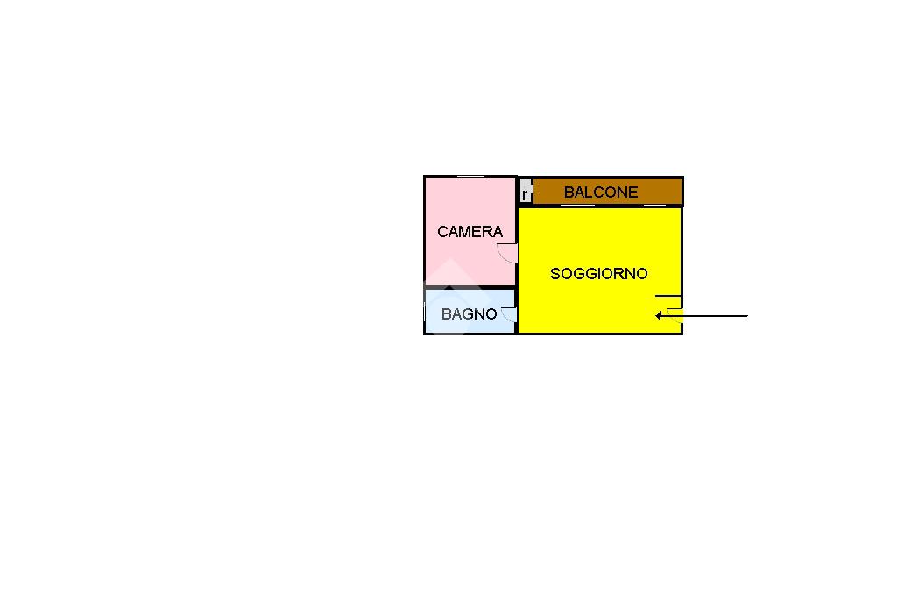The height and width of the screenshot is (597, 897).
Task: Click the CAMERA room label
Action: pyautogui.click(x=470, y=232)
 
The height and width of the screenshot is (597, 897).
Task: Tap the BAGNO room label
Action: pyautogui.click(x=469, y=314)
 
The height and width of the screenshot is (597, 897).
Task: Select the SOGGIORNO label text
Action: pyautogui.click(x=599, y=274)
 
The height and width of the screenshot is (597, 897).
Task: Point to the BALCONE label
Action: pyautogui.click(x=601, y=193)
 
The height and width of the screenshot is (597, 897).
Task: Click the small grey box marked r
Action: pyautogui.click(x=526, y=193)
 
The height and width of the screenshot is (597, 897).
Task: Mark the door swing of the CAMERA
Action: pyautogui.click(x=507, y=254)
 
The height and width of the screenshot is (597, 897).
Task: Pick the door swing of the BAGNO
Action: pyautogui.click(x=509, y=315)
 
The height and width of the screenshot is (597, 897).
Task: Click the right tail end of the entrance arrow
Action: pyautogui.click(x=746, y=316)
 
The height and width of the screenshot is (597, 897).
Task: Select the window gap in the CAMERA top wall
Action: pyautogui.click(x=471, y=177)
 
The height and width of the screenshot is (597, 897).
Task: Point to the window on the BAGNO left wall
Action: pyautogui.click(x=426, y=311)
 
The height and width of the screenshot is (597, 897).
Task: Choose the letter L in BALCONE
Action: pyautogui.click(x=589, y=193)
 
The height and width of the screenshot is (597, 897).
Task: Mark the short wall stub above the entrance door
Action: pyautogui.click(x=668, y=296)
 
